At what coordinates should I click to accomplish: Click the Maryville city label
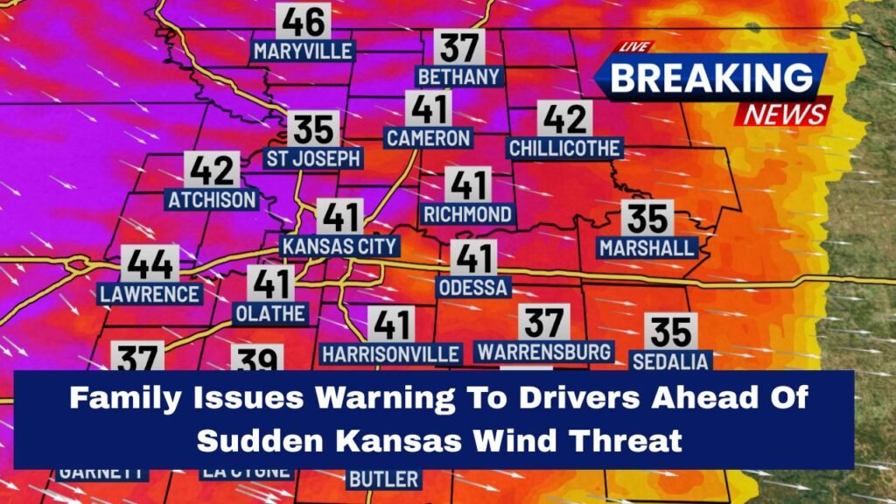click(302, 52)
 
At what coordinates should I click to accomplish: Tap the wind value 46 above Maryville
click(303, 20)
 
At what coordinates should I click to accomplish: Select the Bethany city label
click(458, 77)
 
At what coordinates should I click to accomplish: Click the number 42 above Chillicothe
click(563, 117)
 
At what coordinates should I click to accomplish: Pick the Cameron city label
click(429, 138)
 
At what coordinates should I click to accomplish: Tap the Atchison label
click(213, 200)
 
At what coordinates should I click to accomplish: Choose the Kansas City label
click(339, 247)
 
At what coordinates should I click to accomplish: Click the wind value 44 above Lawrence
click(150, 262)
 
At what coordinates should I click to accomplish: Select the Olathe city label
click(270, 313)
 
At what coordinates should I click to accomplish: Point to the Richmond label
click(467, 214)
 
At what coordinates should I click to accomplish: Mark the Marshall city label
click(647, 248)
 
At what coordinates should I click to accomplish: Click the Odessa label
click(472, 288)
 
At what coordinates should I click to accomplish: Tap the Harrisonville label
click(391, 354)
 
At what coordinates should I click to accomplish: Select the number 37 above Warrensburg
click(543, 322)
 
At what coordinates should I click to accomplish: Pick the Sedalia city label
click(671, 361)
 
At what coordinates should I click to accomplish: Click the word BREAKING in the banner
click(710, 78)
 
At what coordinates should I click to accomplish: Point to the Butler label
click(383, 479)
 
